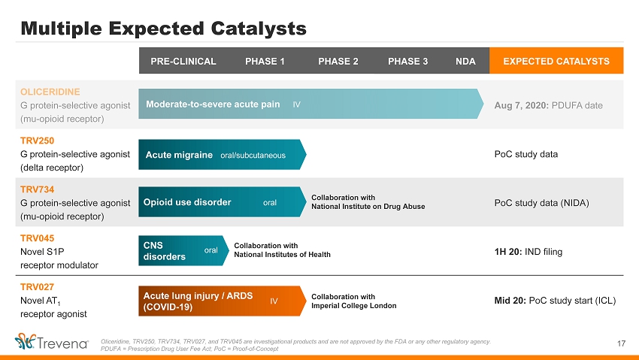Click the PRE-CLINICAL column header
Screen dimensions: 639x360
click(183, 61)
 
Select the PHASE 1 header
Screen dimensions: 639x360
click(265, 61)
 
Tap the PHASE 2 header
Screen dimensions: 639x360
click(338, 61)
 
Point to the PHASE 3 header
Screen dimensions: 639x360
click(407, 61)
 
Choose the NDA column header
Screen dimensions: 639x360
click(465, 61)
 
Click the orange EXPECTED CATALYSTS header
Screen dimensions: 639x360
click(556, 61)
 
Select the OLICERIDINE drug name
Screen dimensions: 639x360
click(50, 92)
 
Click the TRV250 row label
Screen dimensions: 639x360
click(37, 141)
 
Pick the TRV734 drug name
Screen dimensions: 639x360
click(37, 189)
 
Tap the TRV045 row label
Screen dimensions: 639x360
click(37, 238)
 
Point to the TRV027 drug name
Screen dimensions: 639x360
click(37, 287)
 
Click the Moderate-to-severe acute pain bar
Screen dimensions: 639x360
click(311, 104)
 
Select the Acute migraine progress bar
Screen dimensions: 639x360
click(222, 154)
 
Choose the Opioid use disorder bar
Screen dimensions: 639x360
click(222, 202)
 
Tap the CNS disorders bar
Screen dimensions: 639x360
click(183, 250)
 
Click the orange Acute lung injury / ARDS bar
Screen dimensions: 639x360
click(222, 301)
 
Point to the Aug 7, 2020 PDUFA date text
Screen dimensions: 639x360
click(548, 105)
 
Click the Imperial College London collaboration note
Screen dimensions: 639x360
click(354, 301)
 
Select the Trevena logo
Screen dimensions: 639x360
click(51, 342)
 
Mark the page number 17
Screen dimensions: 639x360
click(621, 343)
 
